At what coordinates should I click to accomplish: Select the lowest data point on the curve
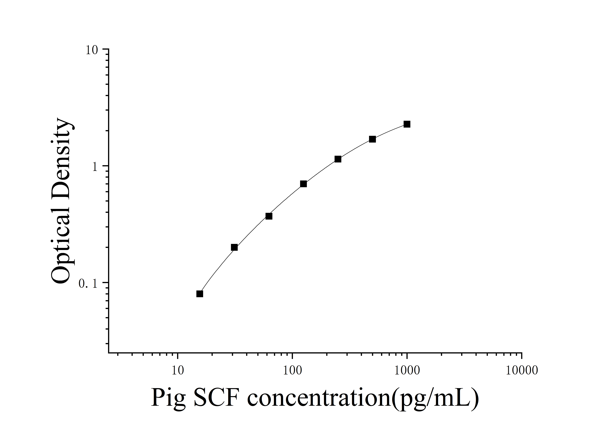coord(200,294)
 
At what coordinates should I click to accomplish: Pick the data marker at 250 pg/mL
coord(338,159)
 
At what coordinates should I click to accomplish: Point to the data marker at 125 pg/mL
coord(304,184)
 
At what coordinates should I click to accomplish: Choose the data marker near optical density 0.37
coord(269,216)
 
